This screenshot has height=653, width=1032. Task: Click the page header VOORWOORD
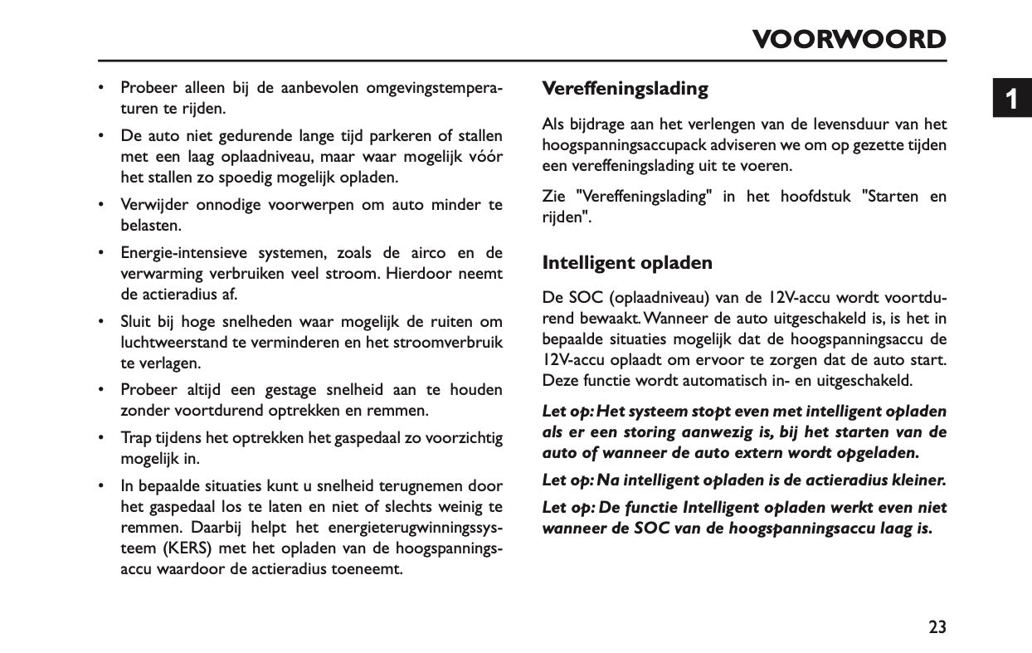849,40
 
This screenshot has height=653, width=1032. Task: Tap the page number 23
937,627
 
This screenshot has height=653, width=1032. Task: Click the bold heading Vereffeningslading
625,89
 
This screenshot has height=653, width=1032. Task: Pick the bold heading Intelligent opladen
627,263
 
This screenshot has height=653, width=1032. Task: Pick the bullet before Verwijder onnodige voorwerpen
101,205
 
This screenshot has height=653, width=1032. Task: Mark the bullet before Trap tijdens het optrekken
101,437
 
